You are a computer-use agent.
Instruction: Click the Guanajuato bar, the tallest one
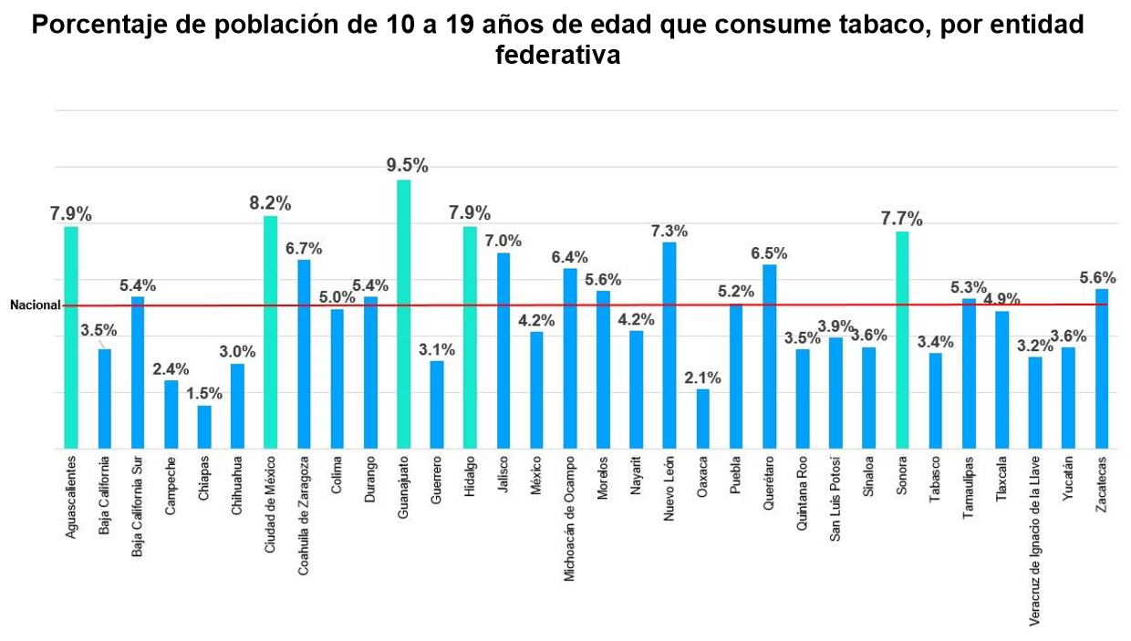pyautogui.click(x=403, y=315)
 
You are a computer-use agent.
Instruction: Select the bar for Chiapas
pyautogui.click(x=204, y=428)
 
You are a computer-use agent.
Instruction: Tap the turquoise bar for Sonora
pyautogui.click(x=902, y=340)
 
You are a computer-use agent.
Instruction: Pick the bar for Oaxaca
pyautogui.click(x=702, y=419)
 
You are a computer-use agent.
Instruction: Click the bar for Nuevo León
pyautogui.click(x=669, y=346)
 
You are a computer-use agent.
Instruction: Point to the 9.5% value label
pyautogui.click(x=407, y=165)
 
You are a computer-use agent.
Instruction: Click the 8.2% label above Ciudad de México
pyautogui.click(x=271, y=202)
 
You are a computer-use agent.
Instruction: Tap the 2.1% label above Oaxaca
pyautogui.click(x=702, y=377)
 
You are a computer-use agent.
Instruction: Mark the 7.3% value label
pyautogui.click(x=669, y=231)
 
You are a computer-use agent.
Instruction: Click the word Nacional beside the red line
pyautogui.click(x=35, y=306)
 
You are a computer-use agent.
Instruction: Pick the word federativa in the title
pyautogui.click(x=557, y=55)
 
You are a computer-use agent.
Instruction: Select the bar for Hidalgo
pyautogui.click(x=470, y=337)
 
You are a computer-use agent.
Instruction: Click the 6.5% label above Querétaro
pyautogui.click(x=769, y=253)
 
